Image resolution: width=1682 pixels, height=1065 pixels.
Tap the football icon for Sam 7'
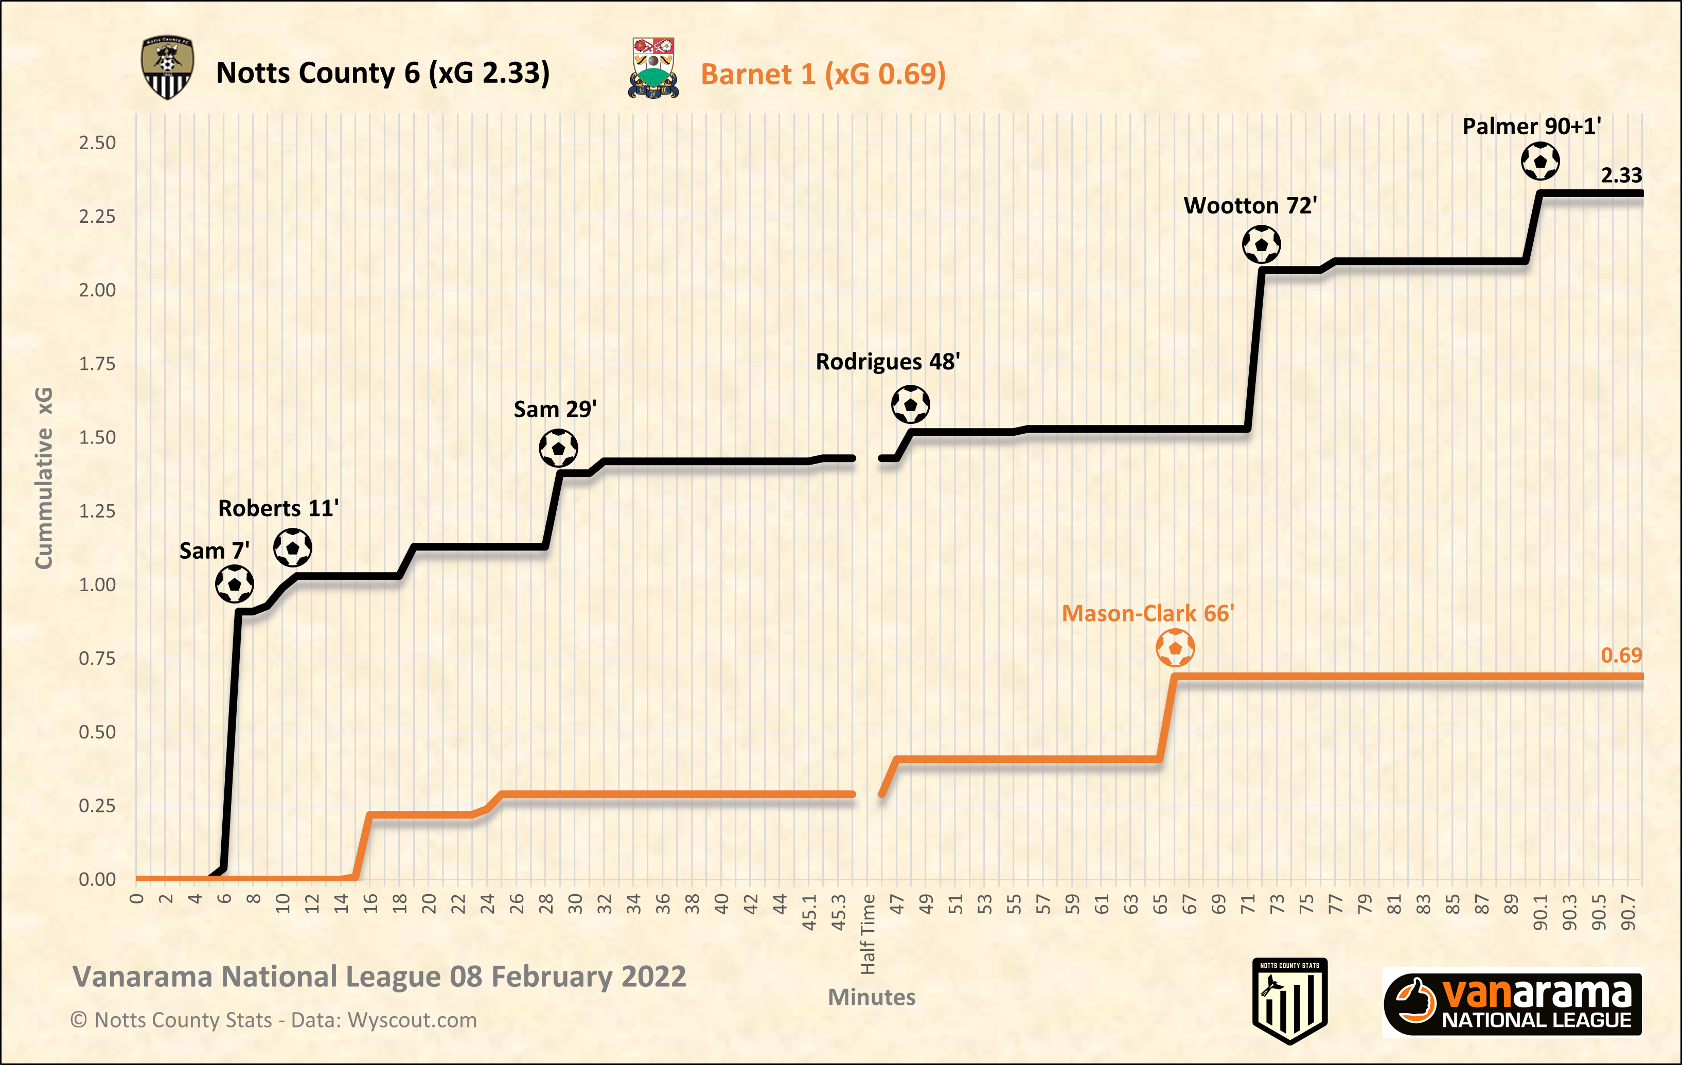tap(234, 584)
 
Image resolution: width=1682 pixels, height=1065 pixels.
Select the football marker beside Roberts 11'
tap(293, 547)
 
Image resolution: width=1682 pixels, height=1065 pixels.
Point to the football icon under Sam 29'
tap(558, 448)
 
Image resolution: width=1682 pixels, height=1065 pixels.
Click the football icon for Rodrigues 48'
tap(910, 404)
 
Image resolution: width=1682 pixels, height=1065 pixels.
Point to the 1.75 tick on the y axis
tap(97, 364)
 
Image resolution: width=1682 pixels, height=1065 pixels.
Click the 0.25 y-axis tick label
tap(97, 806)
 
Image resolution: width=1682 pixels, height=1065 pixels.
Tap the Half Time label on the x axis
tap(867, 934)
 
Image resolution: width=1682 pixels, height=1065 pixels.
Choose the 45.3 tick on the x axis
tap(838, 912)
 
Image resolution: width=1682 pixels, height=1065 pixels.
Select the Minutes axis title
tap(871, 997)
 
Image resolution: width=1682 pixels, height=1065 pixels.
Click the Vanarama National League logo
tap(1512, 1002)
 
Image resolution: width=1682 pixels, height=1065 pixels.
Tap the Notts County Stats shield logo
tap(1289, 1000)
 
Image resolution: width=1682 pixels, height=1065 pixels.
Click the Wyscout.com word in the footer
tap(412, 1020)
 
